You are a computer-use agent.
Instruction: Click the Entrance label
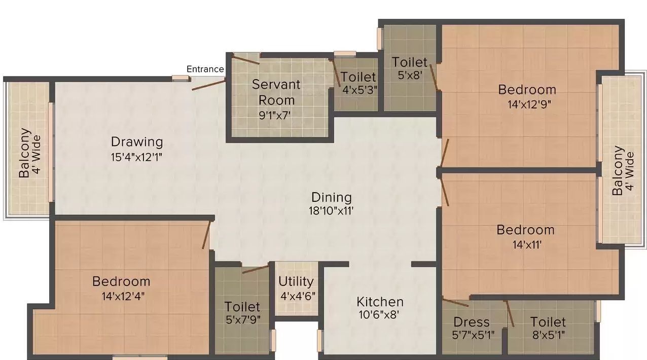click(x=205, y=69)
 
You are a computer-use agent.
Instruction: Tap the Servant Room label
click(x=276, y=92)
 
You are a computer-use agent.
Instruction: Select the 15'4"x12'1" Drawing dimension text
click(x=136, y=158)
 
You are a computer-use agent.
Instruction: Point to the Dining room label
click(x=332, y=198)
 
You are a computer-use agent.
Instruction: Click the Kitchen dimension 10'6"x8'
click(x=379, y=315)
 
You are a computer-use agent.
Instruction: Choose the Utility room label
click(x=296, y=282)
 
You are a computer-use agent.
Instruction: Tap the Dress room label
click(x=472, y=322)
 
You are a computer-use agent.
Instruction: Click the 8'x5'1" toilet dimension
click(x=548, y=335)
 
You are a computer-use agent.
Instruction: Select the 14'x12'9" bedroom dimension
click(x=529, y=104)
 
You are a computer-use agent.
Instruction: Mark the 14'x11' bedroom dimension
click(x=527, y=245)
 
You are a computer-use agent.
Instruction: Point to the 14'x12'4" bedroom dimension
click(x=123, y=297)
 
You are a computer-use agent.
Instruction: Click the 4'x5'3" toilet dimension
click(x=360, y=90)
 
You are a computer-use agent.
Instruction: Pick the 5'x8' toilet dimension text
click(x=410, y=76)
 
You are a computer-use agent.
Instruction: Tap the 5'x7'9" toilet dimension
click(x=243, y=320)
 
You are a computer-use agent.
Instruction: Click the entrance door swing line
click(x=208, y=85)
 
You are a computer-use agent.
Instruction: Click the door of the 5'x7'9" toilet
click(x=256, y=269)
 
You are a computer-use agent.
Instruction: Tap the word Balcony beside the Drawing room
click(x=24, y=153)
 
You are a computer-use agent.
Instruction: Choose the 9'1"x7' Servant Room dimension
click(x=274, y=116)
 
